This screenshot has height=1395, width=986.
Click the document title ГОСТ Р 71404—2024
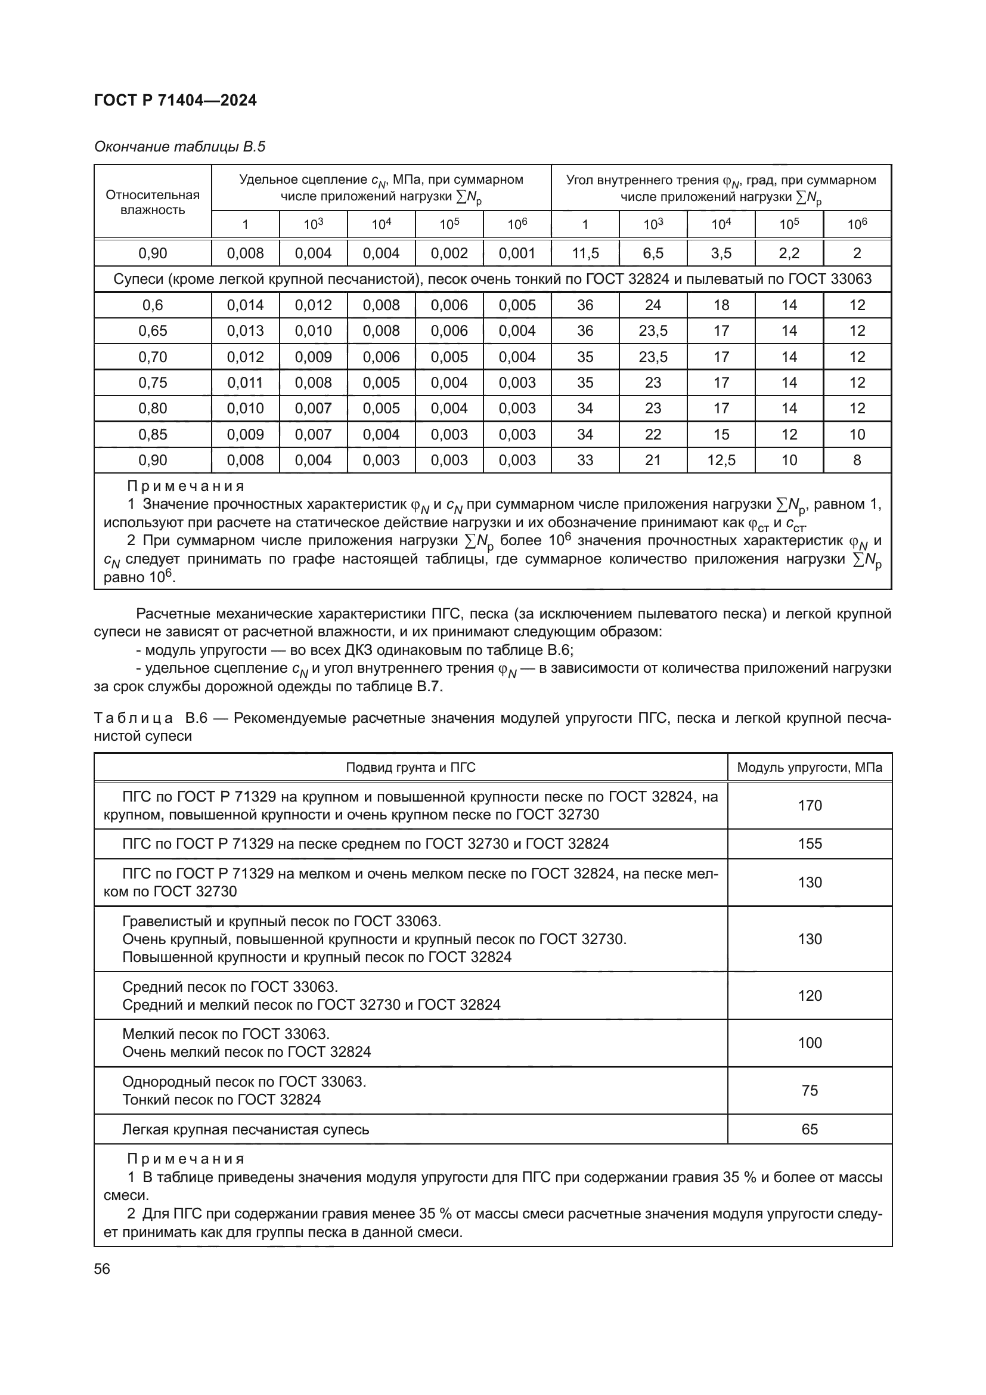pyautogui.click(x=175, y=100)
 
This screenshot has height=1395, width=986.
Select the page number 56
pyautogui.click(x=102, y=1269)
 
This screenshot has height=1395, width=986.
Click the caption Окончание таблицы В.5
pyautogui.click(x=179, y=147)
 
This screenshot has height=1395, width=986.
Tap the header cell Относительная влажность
pyautogui.click(x=153, y=202)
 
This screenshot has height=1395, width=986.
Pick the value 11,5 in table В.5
pyautogui.click(x=585, y=253)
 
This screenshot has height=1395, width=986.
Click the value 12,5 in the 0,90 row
pyautogui.click(x=721, y=460)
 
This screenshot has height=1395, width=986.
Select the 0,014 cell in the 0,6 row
pyautogui.click(x=244, y=305)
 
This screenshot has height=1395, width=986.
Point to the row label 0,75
pyautogui.click(x=153, y=383)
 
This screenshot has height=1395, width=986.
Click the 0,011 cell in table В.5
pyautogui.click(x=244, y=383)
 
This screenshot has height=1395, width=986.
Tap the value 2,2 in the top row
pyautogui.click(x=789, y=253)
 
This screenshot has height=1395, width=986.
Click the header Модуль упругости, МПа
pyautogui.click(x=810, y=768)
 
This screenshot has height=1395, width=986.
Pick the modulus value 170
pyautogui.click(x=810, y=806)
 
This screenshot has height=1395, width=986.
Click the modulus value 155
pyautogui.click(x=810, y=844)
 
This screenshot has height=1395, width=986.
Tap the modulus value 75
pyautogui.click(x=810, y=1091)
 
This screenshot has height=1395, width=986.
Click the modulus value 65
pyautogui.click(x=810, y=1130)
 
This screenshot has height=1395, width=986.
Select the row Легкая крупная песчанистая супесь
pyautogui.click(x=245, y=1130)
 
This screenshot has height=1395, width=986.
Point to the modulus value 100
pyautogui.click(x=810, y=1043)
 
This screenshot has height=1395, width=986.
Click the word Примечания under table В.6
pyautogui.click(x=186, y=1159)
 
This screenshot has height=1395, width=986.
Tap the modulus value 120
pyautogui.click(x=810, y=996)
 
